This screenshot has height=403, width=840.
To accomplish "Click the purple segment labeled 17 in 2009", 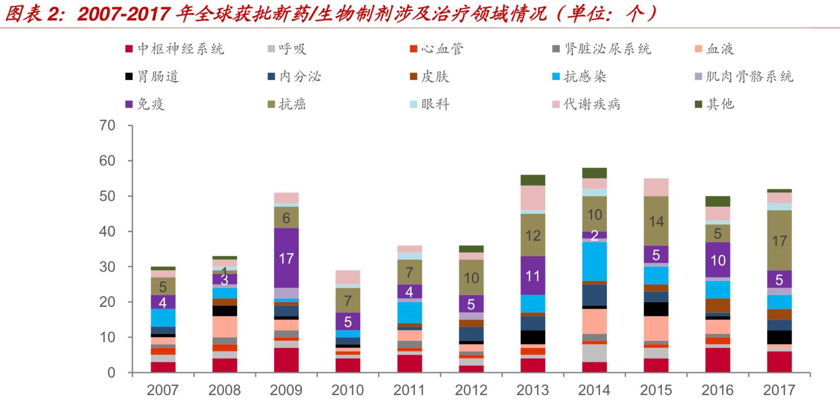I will pos(286,258).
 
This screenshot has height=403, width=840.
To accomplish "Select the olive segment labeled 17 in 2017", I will pos(779,240).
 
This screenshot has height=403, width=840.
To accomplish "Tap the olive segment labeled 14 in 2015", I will pos(656,221).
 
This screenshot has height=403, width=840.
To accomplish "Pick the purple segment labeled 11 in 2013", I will pos(533,275).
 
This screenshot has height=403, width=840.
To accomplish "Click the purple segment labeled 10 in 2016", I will pos(718,260).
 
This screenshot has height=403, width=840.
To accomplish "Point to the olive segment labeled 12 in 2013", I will pos(533,235).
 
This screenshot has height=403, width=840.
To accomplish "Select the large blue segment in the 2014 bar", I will pos(594,261).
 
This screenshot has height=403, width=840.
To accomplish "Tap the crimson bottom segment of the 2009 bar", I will pos(286,360).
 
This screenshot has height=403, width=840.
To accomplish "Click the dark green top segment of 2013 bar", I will pos(533,180).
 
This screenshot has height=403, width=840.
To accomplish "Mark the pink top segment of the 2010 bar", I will pos(348,277).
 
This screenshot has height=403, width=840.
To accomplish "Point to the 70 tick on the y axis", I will pos(108,125).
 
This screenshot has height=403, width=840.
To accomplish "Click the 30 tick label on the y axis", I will pos(108,267).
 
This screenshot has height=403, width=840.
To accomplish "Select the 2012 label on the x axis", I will pos(471,390).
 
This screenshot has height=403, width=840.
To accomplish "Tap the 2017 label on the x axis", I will pos(779,390).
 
